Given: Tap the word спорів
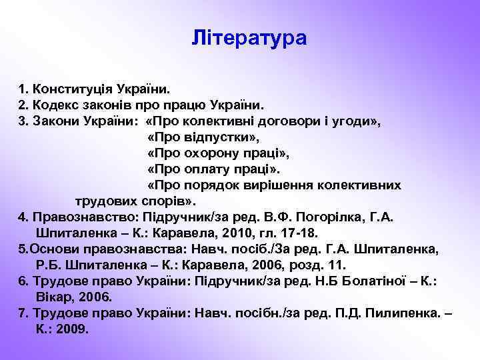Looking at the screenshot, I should (165, 201).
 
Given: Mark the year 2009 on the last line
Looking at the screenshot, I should (73, 329).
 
